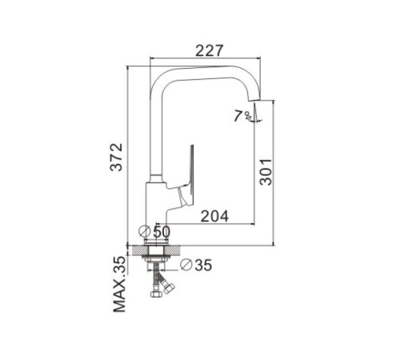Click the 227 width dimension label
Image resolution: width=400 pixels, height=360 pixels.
[209, 50]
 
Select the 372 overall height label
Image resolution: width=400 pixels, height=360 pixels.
[117, 158]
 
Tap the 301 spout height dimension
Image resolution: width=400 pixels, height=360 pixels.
[266, 172]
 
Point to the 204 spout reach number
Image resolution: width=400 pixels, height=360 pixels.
[214, 216]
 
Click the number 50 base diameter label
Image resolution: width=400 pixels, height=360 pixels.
[162, 231]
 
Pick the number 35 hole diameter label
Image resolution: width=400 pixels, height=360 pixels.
[203, 265]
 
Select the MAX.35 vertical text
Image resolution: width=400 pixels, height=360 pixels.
[119, 284]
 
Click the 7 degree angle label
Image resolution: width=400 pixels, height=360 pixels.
[238, 116]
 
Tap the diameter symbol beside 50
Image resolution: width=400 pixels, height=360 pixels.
[145, 231]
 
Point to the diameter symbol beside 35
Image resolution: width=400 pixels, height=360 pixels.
[186, 265]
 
